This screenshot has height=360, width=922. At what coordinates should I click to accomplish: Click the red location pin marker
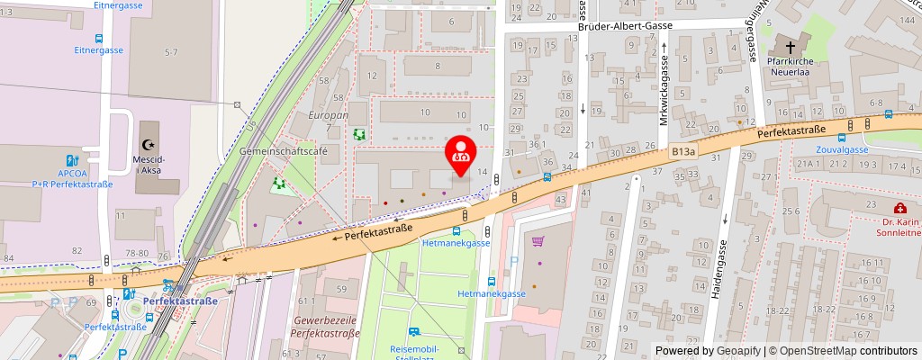[462, 154]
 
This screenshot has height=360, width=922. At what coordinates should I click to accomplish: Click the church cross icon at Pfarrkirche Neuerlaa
[791, 47]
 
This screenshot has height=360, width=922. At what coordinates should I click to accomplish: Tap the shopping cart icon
[538, 241]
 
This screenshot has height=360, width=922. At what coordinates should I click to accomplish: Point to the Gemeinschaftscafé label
[283, 152]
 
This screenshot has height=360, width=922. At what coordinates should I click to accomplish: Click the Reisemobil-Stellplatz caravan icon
[414, 332]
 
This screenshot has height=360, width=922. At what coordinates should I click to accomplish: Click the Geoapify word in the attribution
[737, 351]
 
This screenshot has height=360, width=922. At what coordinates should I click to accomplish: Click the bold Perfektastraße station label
[180, 301]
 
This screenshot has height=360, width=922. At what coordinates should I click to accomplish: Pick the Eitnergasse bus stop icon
[99, 40]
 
